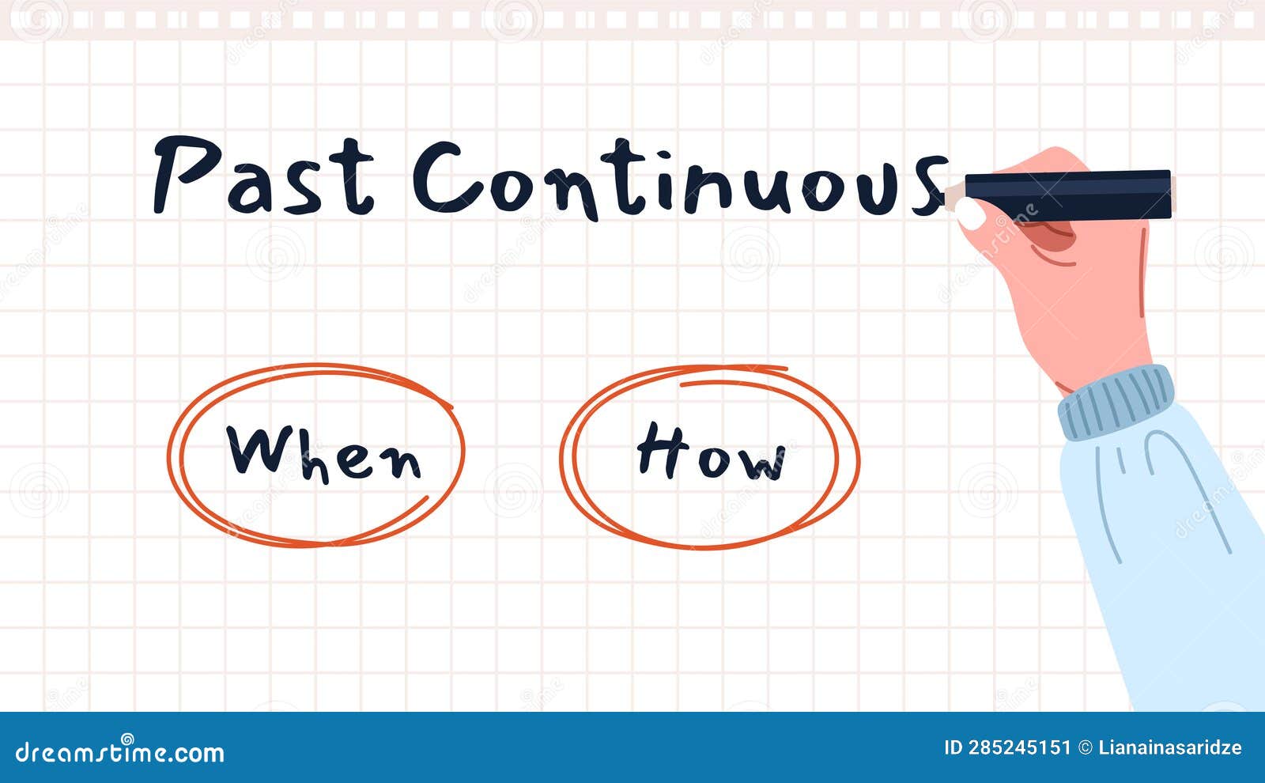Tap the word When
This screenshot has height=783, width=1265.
323,453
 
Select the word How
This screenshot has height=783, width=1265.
711,453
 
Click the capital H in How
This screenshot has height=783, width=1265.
660,449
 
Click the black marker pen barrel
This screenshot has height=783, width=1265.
1067,195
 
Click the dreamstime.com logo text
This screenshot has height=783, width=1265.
119,751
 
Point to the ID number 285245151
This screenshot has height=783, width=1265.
1020,748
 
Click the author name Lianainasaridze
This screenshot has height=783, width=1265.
1170,748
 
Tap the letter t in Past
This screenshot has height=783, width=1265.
354,179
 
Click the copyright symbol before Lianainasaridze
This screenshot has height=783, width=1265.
1086,748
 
